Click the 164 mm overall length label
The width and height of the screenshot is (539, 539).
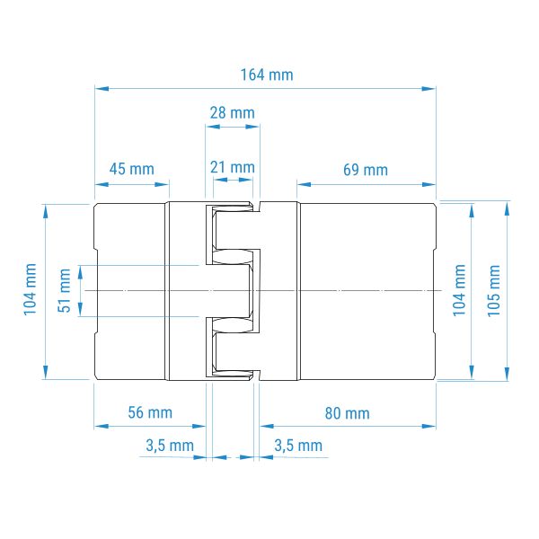tap(267, 75)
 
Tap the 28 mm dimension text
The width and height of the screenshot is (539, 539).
tap(233, 113)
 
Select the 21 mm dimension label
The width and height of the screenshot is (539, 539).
tap(233, 167)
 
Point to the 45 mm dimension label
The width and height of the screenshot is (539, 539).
tap(132, 169)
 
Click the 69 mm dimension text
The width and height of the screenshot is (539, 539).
tap(366, 170)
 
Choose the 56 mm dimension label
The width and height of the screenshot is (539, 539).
tap(150, 412)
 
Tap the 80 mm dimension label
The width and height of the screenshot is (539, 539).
tap(347, 413)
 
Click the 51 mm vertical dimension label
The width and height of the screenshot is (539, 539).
tap(65, 291)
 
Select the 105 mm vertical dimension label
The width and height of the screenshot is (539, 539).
tap(493, 291)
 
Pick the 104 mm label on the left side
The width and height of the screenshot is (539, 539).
tap(30, 289)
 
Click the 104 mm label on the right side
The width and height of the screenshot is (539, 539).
tap(459, 290)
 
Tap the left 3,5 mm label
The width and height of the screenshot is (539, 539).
tap(170, 446)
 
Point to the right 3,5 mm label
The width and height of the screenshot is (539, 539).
tap(298, 446)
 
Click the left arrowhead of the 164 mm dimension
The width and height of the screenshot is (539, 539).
tap(102, 89)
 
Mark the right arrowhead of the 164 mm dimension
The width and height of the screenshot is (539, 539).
tap(429, 89)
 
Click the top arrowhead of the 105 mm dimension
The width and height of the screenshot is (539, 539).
tap(507, 209)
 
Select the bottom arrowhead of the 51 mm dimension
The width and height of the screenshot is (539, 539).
tap(80, 309)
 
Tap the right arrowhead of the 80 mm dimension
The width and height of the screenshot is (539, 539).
tap(429, 426)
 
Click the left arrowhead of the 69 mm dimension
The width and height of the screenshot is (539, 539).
tap(305, 184)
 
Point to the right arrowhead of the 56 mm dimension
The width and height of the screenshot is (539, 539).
tap(199, 426)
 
